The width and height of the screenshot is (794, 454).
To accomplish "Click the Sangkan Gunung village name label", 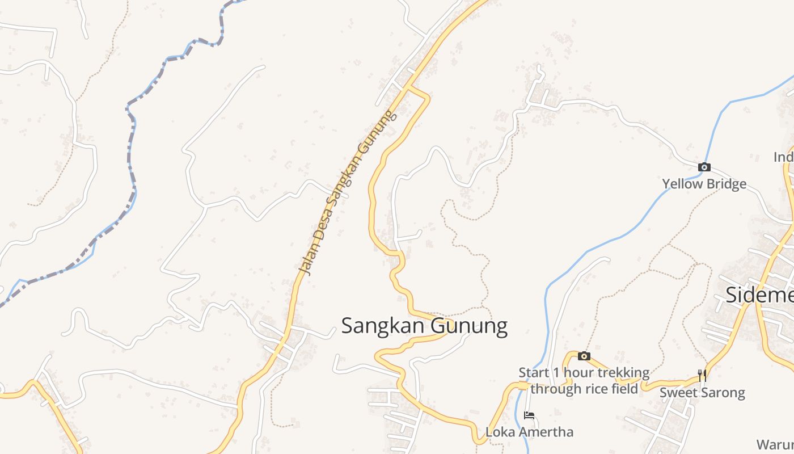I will (x=424, y=326).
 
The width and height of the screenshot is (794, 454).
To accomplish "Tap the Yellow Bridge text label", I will (x=704, y=184).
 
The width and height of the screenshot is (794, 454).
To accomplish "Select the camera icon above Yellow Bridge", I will (x=704, y=167).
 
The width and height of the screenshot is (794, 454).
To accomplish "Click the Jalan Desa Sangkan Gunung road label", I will (x=347, y=193).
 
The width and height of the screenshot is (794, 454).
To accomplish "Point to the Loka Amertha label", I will (x=529, y=432).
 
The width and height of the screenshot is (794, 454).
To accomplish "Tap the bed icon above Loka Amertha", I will (x=529, y=415).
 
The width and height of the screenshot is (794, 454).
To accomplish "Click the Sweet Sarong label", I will (x=702, y=393).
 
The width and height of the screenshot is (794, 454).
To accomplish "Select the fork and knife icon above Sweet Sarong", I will (x=702, y=375).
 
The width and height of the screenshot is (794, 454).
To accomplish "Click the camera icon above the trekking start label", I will (x=584, y=356).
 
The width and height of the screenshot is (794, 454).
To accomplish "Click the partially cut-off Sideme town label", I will (x=760, y=295).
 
